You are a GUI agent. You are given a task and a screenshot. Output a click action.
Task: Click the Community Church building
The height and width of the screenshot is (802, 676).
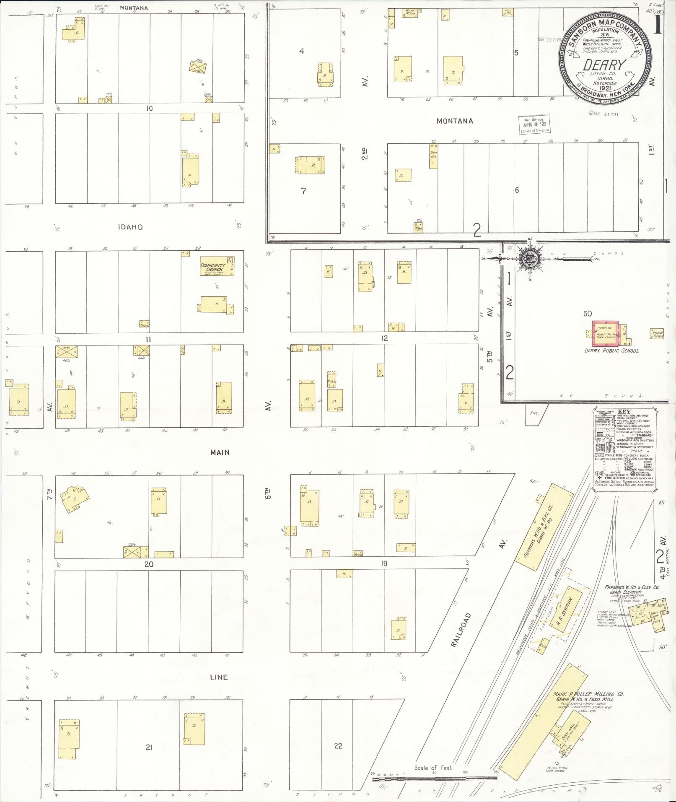click(217, 266)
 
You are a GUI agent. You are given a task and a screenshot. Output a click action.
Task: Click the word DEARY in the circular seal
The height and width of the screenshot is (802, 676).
click(604, 65)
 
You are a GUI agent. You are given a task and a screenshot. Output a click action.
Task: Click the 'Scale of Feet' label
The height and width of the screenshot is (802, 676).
click(433, 768)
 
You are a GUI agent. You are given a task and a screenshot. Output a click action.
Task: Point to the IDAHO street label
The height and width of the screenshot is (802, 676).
click(130, 227)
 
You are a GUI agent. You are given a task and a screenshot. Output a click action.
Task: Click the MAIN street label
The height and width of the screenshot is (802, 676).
click(220, 452)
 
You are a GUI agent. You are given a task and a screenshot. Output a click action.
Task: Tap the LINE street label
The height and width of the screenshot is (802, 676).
click(219, 677)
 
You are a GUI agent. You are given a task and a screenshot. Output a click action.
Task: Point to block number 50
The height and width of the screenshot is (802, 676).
click(588, 314)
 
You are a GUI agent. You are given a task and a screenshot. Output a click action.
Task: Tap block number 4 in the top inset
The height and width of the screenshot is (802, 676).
click(301, 51)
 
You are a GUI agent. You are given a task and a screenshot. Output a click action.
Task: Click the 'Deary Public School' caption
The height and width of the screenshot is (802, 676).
click(611, 350)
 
